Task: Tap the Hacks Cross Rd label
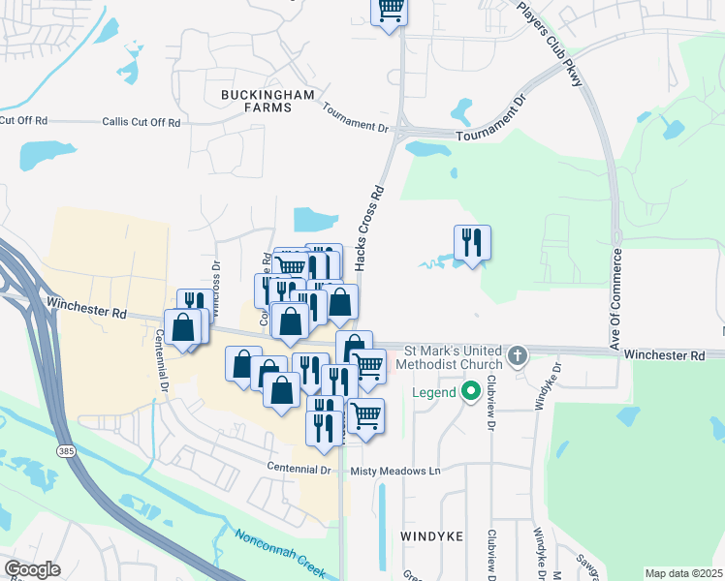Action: [364, 228]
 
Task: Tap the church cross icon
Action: [518, 355]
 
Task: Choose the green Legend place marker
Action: [472, 391]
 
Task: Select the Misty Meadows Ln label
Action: [395, 470]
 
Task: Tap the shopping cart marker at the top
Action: [390, 10]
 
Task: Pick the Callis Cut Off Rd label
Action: [142, 122]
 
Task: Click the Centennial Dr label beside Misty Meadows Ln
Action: [299, 469]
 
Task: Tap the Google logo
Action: [33, 569]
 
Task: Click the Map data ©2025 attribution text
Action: [684, 573]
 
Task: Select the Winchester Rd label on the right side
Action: [664, 356]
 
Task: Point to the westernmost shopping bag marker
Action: [183, 328]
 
